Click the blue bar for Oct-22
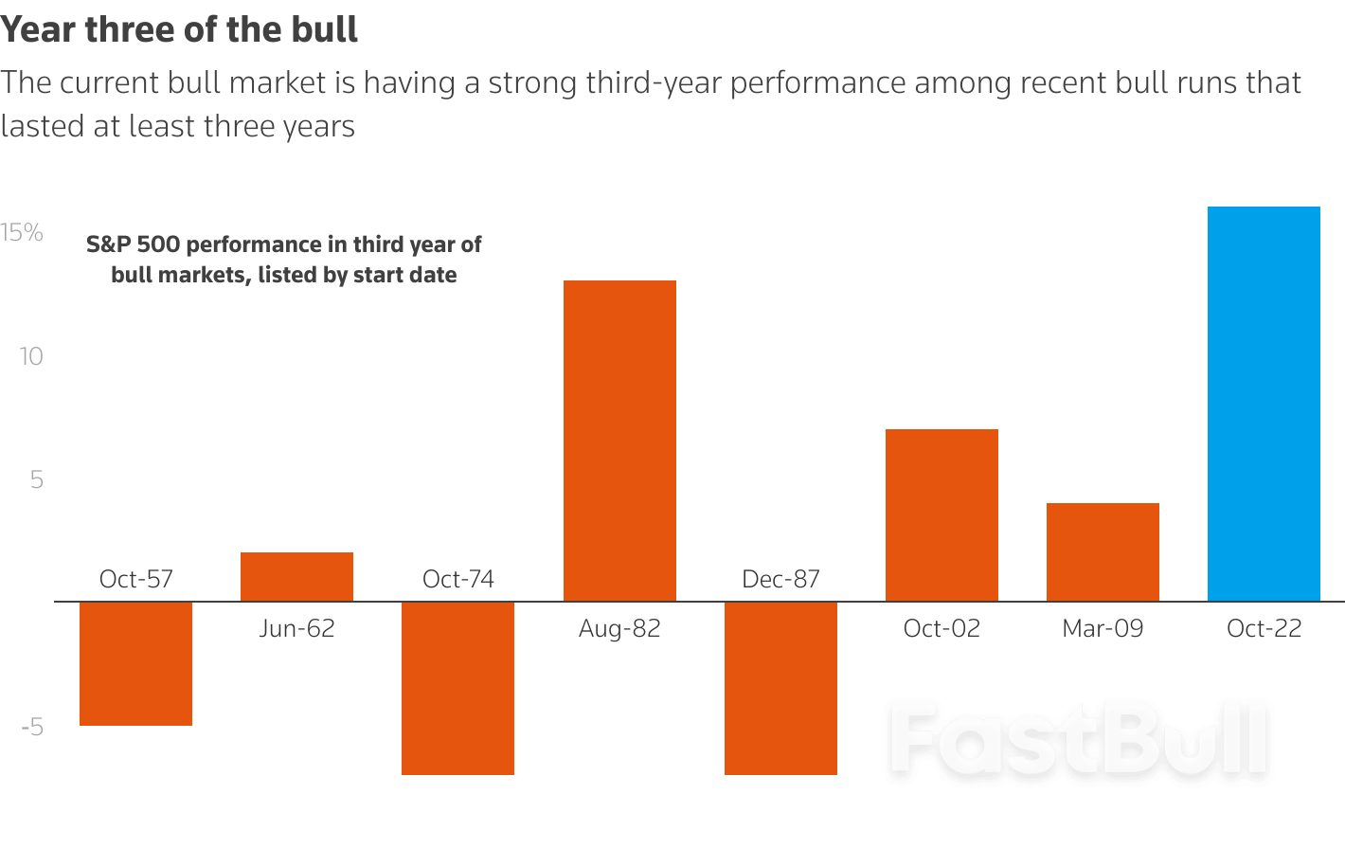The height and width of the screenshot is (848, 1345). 1264,404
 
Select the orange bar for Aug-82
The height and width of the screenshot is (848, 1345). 619,441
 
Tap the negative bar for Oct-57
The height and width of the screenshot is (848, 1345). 135,663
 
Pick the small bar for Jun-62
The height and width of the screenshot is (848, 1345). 296,577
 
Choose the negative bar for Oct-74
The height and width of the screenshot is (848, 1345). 457,688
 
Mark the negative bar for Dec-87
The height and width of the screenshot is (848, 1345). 780,688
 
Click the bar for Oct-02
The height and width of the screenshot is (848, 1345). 941,515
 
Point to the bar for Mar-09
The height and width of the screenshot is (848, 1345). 1103,552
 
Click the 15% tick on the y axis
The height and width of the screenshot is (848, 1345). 22,233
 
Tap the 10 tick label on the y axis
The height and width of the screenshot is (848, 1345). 30,356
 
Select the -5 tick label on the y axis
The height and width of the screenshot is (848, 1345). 32,728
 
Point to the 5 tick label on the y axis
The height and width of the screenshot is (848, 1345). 36,479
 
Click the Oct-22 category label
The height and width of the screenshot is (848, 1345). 1264,628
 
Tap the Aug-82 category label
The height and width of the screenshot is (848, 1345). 619,628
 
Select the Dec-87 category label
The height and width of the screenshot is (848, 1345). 780,579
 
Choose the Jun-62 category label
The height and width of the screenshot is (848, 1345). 296,628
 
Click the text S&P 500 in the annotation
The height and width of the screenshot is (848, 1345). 133,244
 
